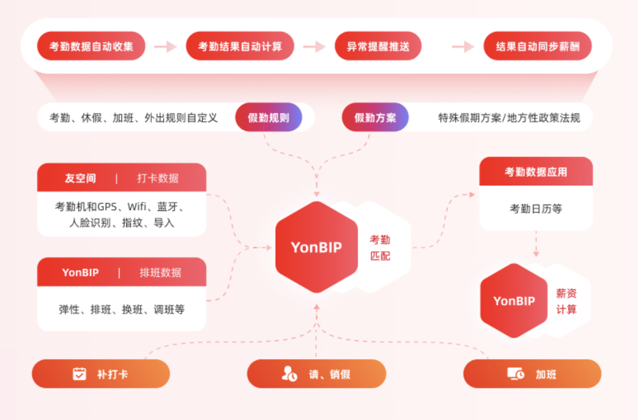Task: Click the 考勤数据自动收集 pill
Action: pos(91,46)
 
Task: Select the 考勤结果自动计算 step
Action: pos(240,46)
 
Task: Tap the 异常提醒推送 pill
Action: pos(378,46)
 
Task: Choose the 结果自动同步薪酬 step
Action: pos(537,46)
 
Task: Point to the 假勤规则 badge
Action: pos(268,118)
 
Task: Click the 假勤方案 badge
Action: pos(375,118)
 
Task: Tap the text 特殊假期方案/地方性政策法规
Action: pos(509,118)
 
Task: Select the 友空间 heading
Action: pos(80,178)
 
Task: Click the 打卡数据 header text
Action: pos(158,178)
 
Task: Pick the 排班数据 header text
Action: pos(160,272)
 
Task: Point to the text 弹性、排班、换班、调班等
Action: pos(121,309)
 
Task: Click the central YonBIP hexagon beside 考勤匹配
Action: pos(316,247)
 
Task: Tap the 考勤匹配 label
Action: pos(380,247)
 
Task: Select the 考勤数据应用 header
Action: pos(536,172)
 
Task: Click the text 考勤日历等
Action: pos(536,209)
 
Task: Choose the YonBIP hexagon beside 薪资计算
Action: pos(513,301)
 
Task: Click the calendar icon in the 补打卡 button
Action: pos(79,374)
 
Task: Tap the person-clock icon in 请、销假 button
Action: pos(289,374)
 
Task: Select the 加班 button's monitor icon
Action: pos(516,374)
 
